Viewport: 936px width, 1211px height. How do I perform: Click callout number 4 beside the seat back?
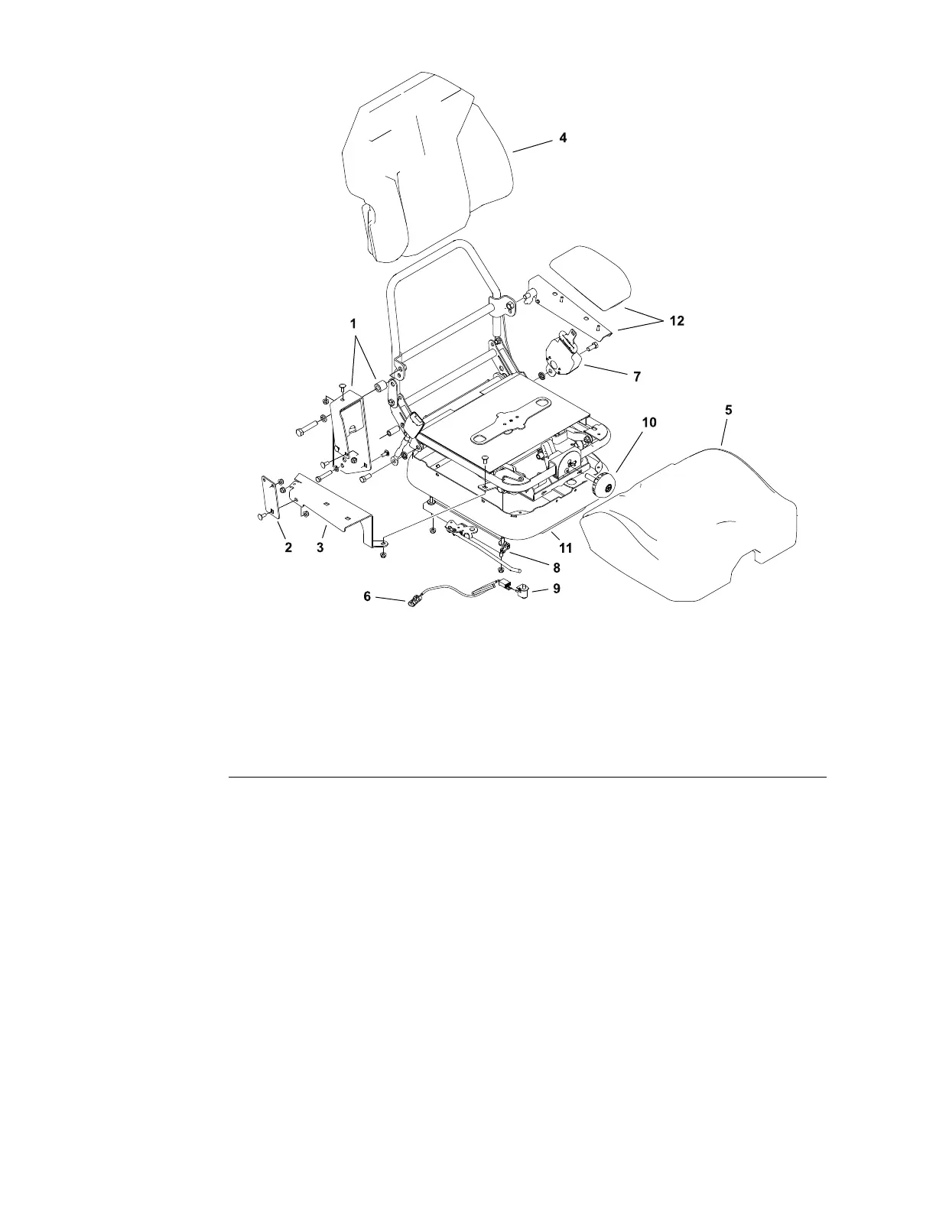coord(563,138)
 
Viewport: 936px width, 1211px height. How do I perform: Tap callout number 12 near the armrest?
coord(677,321)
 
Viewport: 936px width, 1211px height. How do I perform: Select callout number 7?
coord(637,377)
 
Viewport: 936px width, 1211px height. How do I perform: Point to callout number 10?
coord(648,422)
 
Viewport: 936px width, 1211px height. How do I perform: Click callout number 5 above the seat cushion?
coord(728,411)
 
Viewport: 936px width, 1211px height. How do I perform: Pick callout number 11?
coord(566,548)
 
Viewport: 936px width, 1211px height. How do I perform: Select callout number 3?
coord(320,548)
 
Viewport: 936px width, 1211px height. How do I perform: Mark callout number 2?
coord(288,548)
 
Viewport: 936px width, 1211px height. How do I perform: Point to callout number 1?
coord(353,324)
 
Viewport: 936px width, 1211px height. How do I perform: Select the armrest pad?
coord(593,279)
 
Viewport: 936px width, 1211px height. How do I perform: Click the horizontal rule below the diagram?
coord(528,778)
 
